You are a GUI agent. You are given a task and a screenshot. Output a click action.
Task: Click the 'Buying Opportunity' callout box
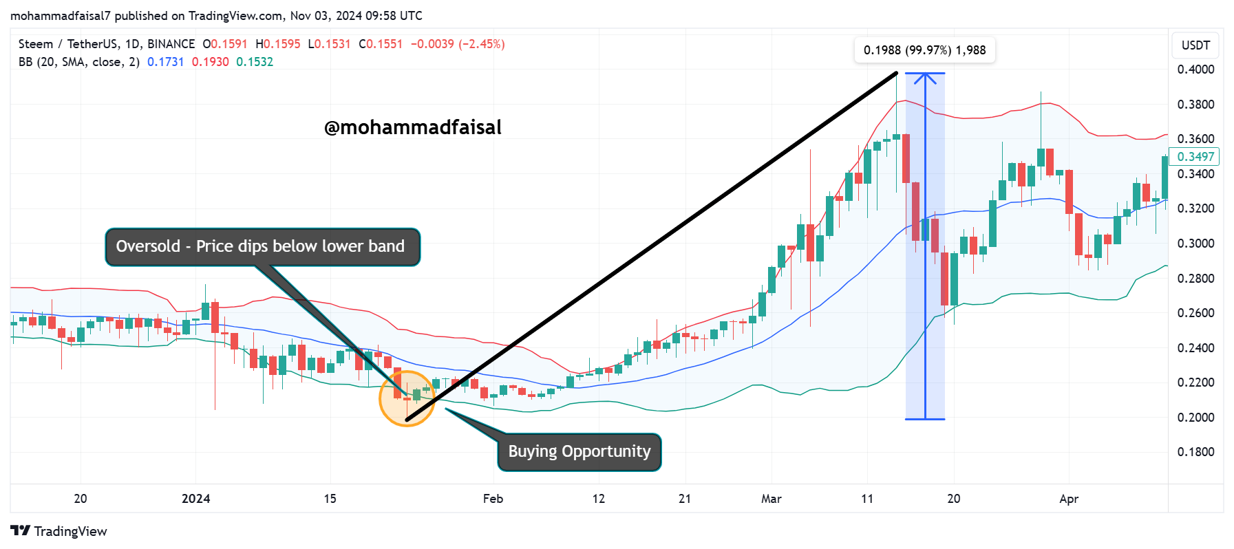[x=579, y=452]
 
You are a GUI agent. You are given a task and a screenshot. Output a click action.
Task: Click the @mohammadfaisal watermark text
[x=413, y=127]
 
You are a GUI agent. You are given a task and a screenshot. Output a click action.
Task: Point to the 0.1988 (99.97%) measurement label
[x=925, y=50]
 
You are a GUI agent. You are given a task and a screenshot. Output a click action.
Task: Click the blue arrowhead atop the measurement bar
[x=925, y=77]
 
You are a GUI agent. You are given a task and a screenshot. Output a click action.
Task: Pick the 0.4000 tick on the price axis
[x=1196, y=69]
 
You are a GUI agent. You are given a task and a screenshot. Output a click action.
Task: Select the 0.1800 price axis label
[x=1196, y=452]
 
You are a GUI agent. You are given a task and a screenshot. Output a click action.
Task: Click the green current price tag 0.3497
[x=1195, y=157]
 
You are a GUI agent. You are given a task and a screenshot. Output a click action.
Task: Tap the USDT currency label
[x=1196, y=45]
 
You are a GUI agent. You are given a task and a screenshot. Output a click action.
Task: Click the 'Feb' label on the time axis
[x=493, y=499]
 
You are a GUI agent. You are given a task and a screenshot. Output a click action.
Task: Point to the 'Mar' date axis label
[x=772, y=499]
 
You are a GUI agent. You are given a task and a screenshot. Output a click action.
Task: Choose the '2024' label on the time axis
[x=196, y=499]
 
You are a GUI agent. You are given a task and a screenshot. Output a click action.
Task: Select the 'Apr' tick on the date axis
[x=1069, y=499]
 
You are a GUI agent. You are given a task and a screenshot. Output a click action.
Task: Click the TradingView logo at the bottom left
[x=59, y=531]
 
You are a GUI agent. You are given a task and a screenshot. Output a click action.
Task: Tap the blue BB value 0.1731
[x=166, y=62]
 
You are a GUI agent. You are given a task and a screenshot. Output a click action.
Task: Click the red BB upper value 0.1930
[x=210, y=62]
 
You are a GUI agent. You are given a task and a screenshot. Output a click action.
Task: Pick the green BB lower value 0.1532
[x=255, y=62]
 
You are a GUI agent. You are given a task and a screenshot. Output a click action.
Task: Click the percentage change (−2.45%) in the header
[x=482, y=44]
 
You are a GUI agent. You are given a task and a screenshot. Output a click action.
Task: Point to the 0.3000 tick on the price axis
[x=1196, y=244]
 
